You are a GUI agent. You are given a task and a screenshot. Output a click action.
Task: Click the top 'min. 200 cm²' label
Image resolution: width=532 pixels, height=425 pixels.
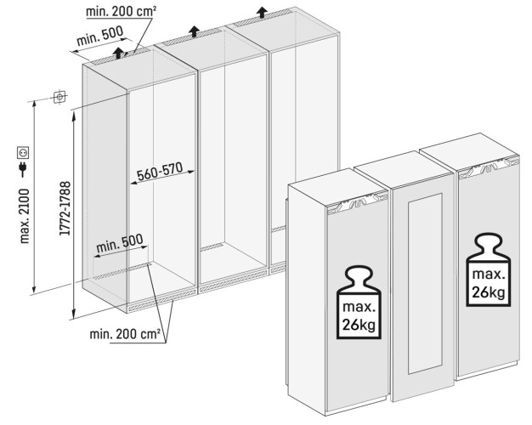[126, 10]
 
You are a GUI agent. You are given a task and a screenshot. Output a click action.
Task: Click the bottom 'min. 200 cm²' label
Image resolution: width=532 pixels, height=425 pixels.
[126, 333]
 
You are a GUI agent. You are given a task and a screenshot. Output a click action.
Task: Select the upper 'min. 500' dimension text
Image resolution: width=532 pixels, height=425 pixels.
[100, 37]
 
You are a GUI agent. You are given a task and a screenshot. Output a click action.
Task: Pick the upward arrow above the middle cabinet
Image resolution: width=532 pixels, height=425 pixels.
[195, 31]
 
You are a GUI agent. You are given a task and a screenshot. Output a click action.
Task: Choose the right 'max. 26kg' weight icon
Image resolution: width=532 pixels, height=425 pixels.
[487, 272]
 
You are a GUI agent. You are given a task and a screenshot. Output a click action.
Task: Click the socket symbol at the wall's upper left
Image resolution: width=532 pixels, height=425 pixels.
[59, 97]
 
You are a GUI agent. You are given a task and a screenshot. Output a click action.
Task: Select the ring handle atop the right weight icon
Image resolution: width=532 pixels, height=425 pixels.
[487, 242]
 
